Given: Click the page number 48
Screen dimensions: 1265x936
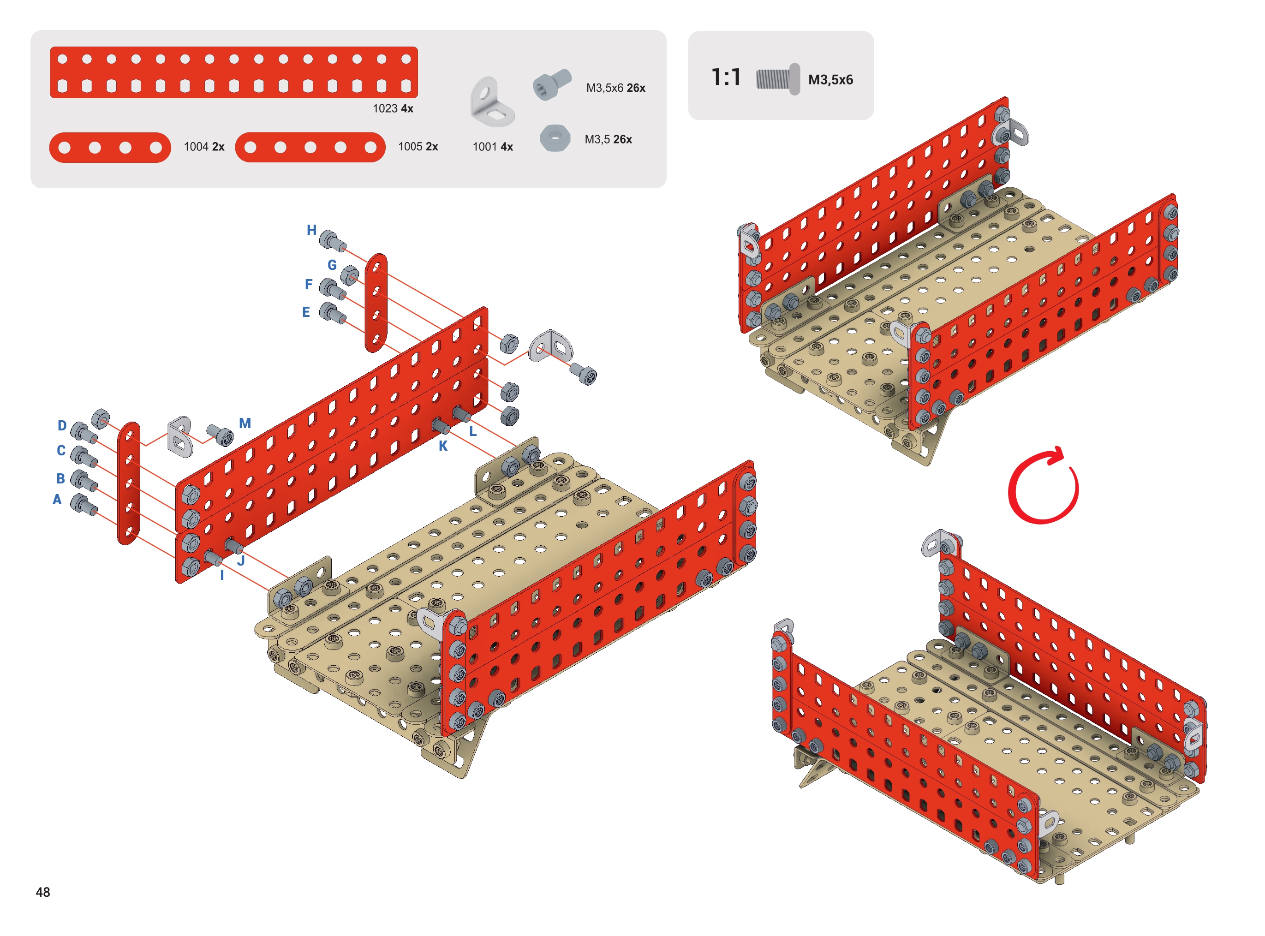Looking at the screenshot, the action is (x=43, y=892).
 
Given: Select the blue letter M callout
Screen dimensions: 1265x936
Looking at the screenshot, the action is (x=245, y=423).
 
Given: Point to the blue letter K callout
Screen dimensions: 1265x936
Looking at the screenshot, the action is (x=443, y=446).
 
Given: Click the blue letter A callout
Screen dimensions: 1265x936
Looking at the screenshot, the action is (x=57, y=499).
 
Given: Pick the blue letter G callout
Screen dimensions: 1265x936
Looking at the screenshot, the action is (x=332, y=265).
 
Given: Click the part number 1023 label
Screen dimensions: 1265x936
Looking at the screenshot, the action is (x=385, y=108).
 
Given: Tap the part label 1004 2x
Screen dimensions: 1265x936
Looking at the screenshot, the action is (x=204, y=147).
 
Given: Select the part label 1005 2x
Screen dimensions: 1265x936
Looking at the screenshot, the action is (x=418, y=147).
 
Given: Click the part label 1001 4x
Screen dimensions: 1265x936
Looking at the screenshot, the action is (x=493, y=147).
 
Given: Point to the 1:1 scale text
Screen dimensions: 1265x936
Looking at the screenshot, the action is (x=726, y=77).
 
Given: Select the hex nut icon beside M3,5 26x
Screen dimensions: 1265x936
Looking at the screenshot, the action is (x=555, y=137).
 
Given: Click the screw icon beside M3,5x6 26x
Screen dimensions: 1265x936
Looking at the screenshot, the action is (x=552, y=84).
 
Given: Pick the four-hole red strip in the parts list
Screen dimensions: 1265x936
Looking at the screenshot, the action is (x=110, y=147).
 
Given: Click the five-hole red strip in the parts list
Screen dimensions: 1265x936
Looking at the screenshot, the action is (x=310, y=147).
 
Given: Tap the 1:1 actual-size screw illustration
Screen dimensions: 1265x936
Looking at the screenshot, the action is (x=778, y=79).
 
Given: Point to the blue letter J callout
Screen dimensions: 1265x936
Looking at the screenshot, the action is (x=241, y=560).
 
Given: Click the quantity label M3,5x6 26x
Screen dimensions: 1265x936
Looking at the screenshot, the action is (x=616, y=88).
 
